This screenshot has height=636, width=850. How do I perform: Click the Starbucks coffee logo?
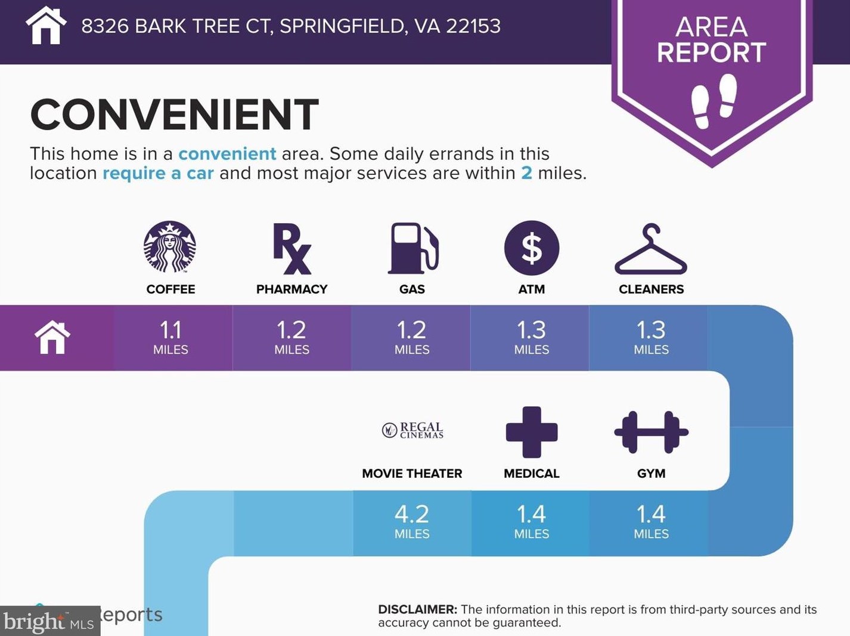pos(170,247)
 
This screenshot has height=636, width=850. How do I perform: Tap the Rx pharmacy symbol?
pos(292,248)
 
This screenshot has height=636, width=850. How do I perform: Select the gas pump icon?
pos(413,248)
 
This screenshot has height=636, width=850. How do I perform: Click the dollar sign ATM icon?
pos(532,248)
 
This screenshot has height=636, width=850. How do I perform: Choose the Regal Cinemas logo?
pos(412,430)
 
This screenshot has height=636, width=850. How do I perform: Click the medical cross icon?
pos(532,432)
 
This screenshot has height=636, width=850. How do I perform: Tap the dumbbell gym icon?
pos(652,432)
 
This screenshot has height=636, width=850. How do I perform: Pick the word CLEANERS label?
pos(652,289)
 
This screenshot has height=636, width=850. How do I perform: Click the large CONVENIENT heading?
pos(174,114)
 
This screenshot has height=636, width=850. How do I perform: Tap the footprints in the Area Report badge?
pos(714,101)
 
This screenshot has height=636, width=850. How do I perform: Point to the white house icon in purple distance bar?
pos(52,337)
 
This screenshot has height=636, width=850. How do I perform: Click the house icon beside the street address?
pos(46,25)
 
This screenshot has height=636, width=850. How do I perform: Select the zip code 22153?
pos(473,26)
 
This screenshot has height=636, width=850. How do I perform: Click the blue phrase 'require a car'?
pos(158,173)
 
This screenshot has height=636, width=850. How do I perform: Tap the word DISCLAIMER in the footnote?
pos(418,609)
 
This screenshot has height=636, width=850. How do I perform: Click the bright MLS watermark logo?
pos(49,621)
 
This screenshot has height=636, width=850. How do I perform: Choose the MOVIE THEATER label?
pos(412,473)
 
